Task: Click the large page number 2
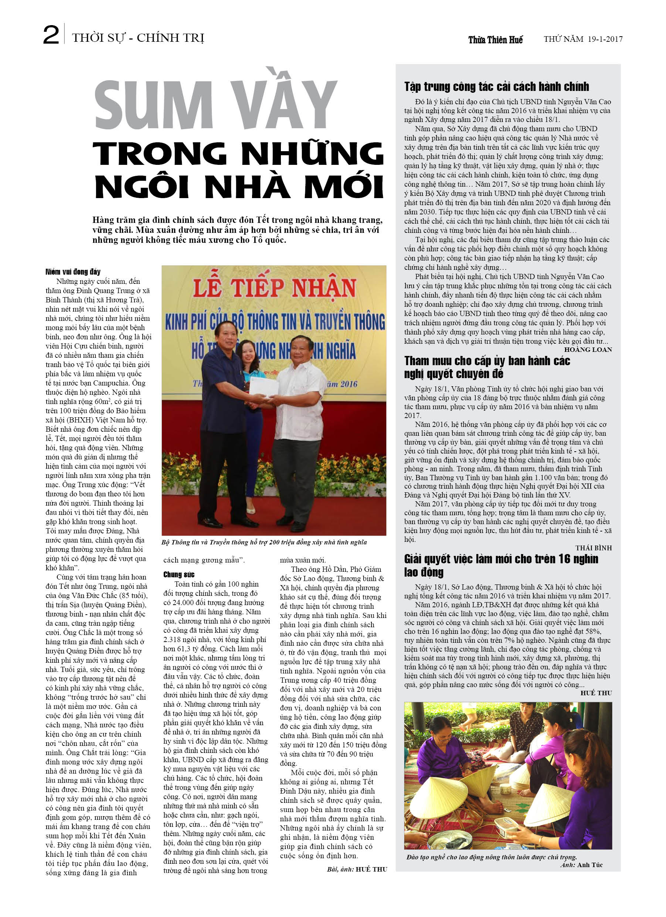click(51, 35)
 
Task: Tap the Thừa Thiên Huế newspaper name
click(495, 40)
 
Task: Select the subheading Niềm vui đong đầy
click(73, 272)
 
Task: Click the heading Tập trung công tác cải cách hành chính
click(496, 86)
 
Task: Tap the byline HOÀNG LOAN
click(588, 350)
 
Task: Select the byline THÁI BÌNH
click(593, 548)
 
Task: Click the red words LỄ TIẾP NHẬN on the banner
click(274, 288)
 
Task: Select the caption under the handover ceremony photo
click(264, 542)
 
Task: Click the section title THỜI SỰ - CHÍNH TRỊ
click(138, 38)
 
